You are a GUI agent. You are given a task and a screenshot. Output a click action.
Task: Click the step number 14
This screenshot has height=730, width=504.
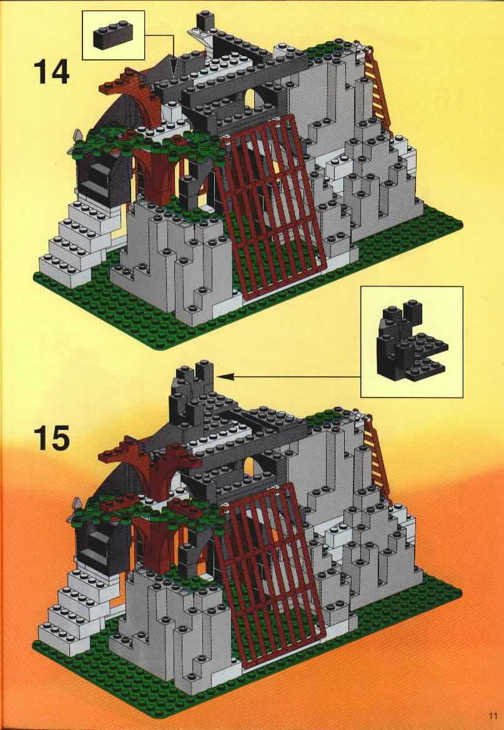[x=51, y=72]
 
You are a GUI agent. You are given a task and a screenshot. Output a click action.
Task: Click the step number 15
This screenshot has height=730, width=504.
[x=51, y=437]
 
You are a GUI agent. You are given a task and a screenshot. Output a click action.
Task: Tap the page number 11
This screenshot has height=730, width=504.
[x=493, y=716]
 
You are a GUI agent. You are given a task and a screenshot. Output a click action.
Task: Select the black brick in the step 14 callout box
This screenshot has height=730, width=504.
[x=113, y=35]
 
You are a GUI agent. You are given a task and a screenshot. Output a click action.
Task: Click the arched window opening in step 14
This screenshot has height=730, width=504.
[x=250, y=99]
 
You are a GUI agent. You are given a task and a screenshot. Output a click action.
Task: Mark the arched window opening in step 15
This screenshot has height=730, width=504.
[x=250, y=467]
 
